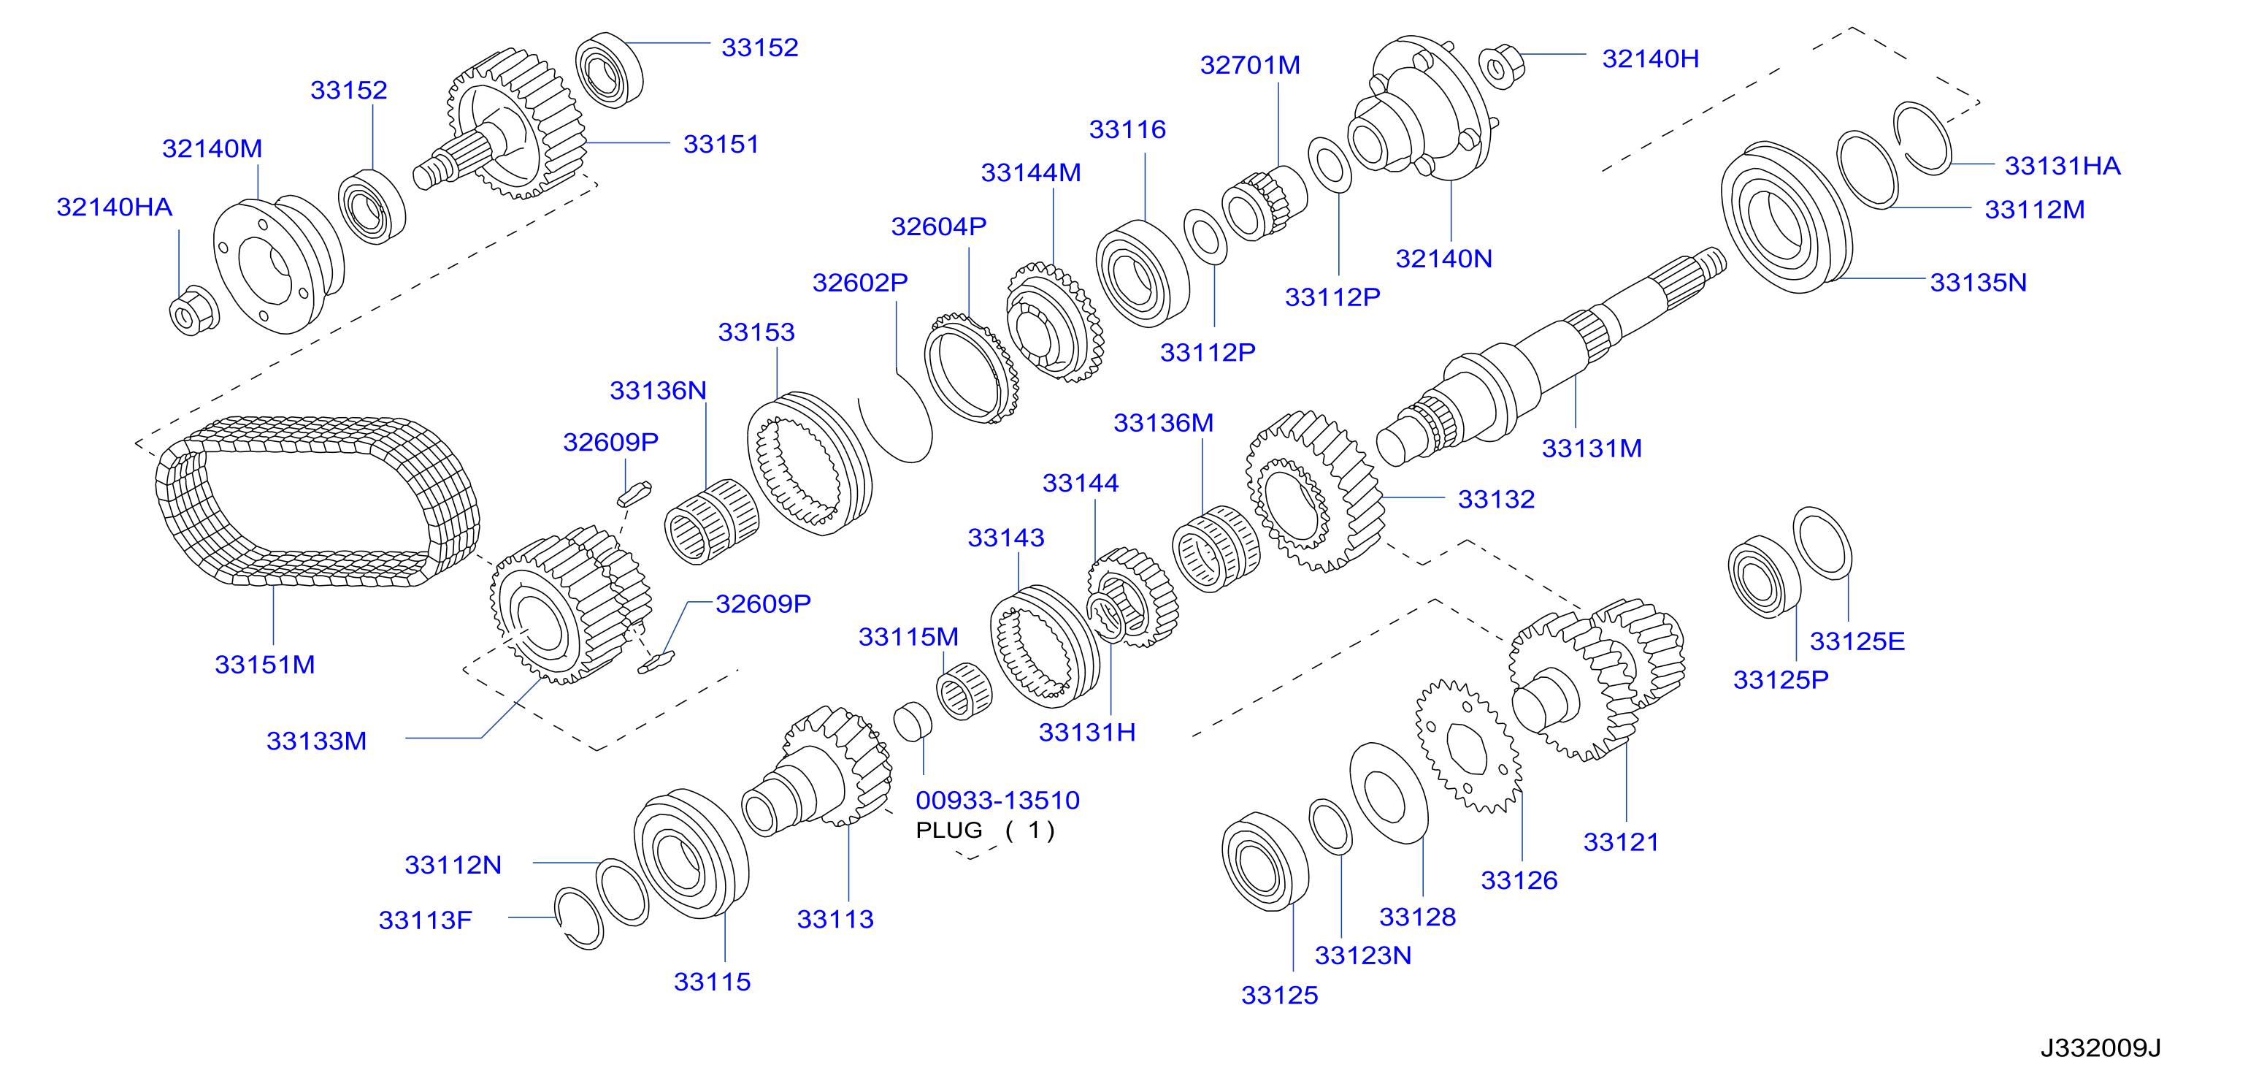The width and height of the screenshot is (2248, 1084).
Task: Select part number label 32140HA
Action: [115, 207]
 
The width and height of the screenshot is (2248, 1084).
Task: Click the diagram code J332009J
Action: [2100, 1047]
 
